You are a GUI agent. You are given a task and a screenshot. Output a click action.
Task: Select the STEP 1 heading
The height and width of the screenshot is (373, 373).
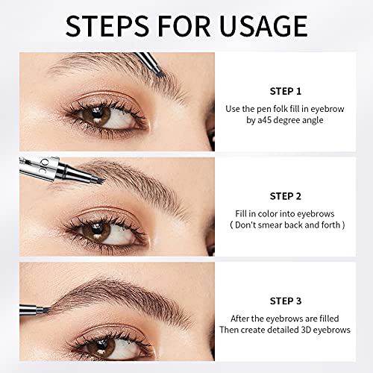(285, 91)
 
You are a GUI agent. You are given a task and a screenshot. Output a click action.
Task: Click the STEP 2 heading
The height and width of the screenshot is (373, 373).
(285, 196)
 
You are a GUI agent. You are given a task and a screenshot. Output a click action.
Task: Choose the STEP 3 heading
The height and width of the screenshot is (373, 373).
(285, 301)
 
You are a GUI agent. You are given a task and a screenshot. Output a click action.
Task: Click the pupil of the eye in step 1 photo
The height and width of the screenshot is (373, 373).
(100, 115)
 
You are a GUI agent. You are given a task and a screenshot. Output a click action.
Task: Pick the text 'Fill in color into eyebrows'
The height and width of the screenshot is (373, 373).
(285, 212)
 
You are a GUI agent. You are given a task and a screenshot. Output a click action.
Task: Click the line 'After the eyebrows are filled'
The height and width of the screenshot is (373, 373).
(285, 316)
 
